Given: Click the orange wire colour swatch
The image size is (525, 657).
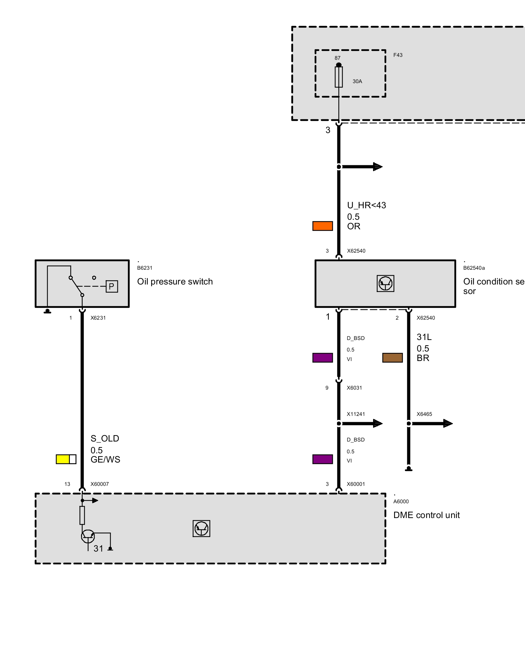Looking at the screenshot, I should click(323, 226).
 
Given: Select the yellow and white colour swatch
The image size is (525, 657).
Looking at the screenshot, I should click(66, 459).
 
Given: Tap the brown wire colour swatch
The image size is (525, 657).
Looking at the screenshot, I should click(392, 358).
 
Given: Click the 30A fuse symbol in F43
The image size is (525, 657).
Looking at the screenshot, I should click(339, 77).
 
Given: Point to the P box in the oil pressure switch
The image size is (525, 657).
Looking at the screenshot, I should click(112, 286).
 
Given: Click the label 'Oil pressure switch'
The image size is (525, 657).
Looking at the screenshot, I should click(175, 282).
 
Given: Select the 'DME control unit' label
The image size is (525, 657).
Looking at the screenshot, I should click(426, 515).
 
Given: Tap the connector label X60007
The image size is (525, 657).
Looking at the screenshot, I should click(99, 484).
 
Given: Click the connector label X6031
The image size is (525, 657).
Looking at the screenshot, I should click(354, 388).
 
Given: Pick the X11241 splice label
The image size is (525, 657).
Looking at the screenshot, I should click(356, 414).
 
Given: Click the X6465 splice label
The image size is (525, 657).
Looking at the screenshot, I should click(424, 414).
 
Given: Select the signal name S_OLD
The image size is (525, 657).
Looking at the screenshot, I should click(105, 439).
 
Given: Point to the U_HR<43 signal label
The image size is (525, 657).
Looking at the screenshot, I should click(367, 205).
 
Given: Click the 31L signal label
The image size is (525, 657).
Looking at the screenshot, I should click(424, 337).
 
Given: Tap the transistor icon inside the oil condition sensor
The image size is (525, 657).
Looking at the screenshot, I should click(385, 283).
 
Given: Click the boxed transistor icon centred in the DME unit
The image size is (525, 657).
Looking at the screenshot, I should click(201, 529).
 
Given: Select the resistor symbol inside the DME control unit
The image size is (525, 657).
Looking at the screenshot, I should click(82, 515).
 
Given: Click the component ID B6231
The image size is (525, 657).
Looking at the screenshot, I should click(145, 268).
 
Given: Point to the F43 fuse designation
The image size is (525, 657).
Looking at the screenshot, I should click(398, 55).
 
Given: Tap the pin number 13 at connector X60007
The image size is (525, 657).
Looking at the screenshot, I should click(67, 484).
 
